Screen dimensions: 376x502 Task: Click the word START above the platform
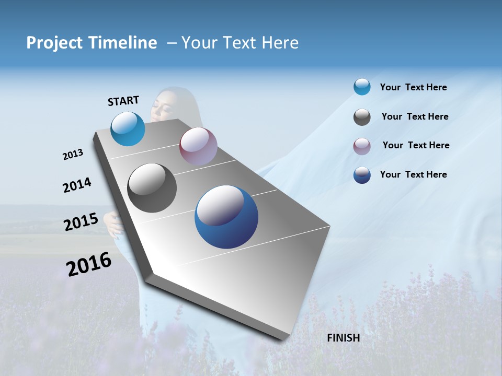pyautogui.click(x=123, y=101)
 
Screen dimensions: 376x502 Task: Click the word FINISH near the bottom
pyautogui.click(x=343, y=338)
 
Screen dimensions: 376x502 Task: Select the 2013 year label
pyautogui.click(x=73, y=155)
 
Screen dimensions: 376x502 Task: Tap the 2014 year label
pyautogui.click(x=77, y=185)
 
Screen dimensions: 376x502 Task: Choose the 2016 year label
pyautogui.click(x=89, y=264)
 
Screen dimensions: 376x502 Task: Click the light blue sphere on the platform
pyautogui.click(x=128, y=128)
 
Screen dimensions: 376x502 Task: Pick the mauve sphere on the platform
pyautogui.click(x=198, y=146)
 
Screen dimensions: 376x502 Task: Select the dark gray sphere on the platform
pyautogui.click(x=152, y=187)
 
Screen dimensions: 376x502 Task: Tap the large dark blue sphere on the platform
pyautogui.click(x=226, y=217)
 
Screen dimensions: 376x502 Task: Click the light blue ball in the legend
pyautogui.click(x=362, y=87)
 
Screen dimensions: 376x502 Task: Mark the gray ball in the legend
pyautogui.click(x=362, y=117)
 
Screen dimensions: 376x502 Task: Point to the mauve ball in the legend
pyautogui.click(x=362, y=146)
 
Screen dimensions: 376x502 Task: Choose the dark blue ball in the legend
pyautogui.click(x=362, y=175)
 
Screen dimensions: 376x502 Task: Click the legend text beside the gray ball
pyautogui.click(x=415, y=116)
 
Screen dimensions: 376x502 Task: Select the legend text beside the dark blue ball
pyautogui.click(x=413, y=174)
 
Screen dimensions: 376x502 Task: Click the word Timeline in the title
pyautogui.click(x=124, y=43)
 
